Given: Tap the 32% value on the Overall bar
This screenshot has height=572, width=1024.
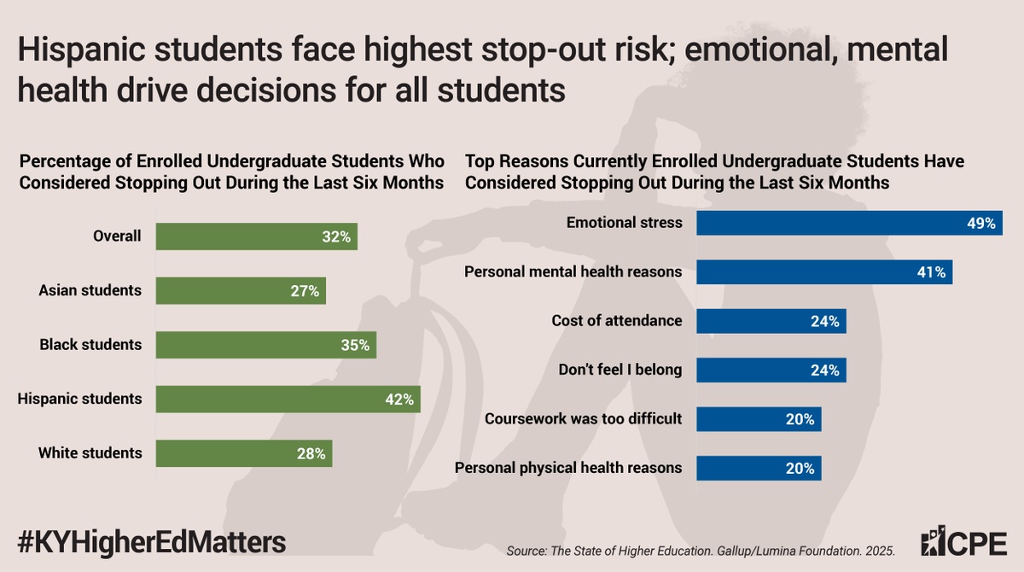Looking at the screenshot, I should click(337, 237).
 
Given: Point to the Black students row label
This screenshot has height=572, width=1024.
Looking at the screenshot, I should click(90, 345).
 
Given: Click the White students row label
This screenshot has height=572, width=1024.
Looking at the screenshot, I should click(90, 452).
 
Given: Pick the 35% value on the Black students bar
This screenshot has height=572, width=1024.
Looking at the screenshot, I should click(356, 345).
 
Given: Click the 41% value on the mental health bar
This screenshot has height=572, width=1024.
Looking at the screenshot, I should click(931, 272).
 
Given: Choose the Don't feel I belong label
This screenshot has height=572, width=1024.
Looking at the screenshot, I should click(620, 370).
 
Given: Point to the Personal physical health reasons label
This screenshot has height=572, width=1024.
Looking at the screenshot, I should click(568, 468).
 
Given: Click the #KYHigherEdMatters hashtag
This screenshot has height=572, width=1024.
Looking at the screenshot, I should click(152, 542).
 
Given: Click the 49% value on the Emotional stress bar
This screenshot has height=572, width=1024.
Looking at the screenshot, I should click(981, 224).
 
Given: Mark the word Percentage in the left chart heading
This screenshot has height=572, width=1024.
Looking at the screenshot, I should click(59, 161).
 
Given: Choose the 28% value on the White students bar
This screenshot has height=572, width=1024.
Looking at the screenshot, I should click(311, 453).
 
